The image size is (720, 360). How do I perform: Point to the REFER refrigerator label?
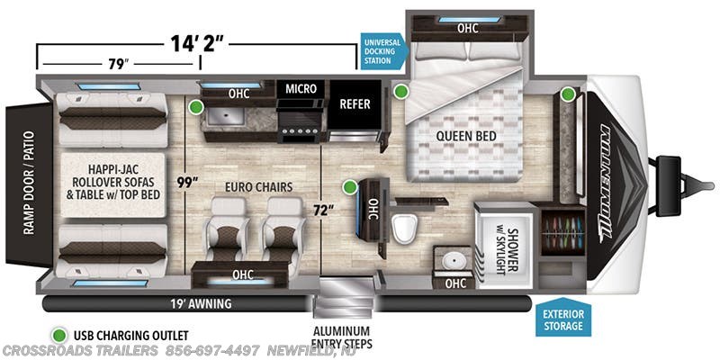point(355,104)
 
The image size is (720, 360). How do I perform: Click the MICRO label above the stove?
point(300,89)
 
